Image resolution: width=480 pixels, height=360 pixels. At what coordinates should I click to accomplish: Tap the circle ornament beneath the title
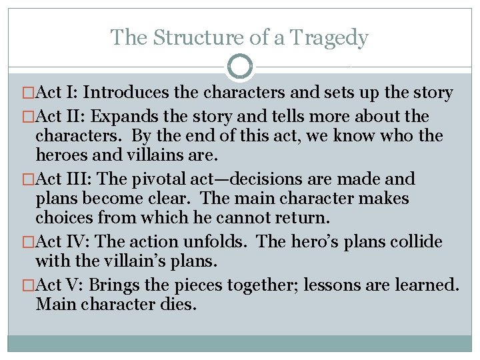(240, 67)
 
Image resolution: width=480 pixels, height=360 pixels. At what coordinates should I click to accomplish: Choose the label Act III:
(67, 179)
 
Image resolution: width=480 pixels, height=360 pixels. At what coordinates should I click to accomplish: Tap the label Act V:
(61, 285)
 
